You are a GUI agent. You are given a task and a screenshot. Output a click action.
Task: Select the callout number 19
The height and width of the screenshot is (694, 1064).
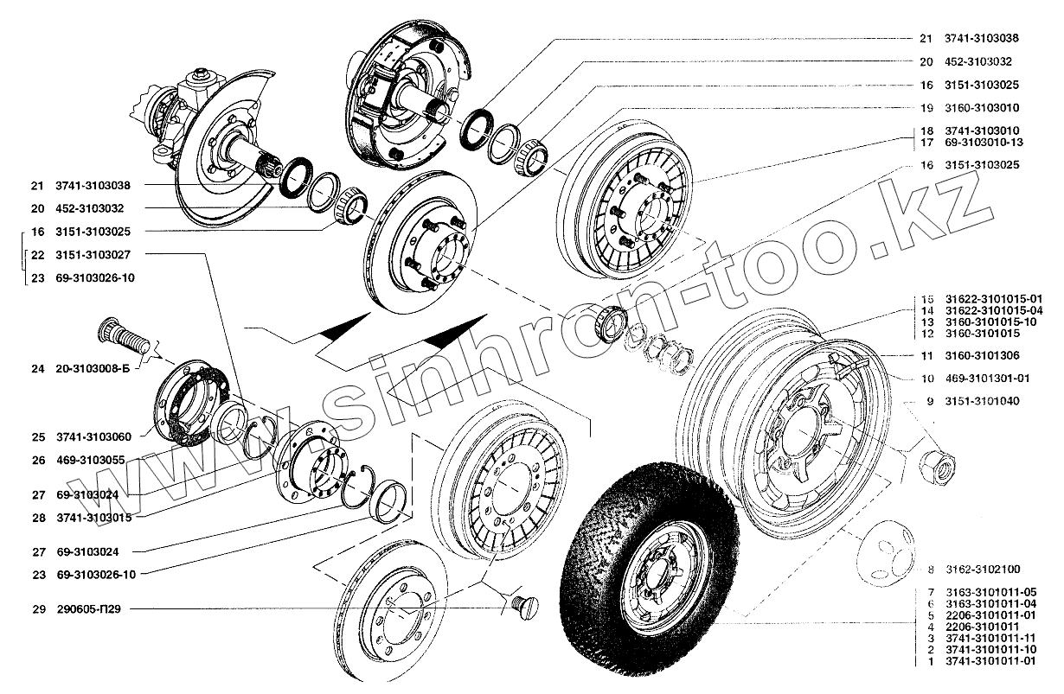[926, 108]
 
